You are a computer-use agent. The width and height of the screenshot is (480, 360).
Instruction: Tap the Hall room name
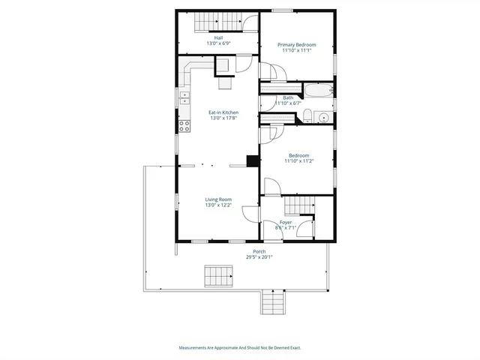coord(218,37)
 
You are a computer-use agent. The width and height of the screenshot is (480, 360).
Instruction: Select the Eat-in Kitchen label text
coord(223,112)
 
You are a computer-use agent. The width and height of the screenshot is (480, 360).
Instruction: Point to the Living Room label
coord(218,199)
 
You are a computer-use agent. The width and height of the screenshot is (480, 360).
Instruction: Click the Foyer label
coord(286,222)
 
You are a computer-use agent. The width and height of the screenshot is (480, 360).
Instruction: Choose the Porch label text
coord(259,251)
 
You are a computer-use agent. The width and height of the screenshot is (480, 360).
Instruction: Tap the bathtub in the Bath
coord(318,91)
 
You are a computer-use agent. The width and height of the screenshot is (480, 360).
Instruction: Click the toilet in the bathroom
coord(307,115)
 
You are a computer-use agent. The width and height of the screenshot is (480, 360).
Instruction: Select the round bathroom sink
coord(323,116)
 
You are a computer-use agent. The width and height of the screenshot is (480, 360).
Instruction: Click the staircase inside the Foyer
coord(298,204)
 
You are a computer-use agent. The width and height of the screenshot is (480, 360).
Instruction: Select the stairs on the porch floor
coord(217,275)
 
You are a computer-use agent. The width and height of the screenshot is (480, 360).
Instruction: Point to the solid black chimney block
coord(253,160)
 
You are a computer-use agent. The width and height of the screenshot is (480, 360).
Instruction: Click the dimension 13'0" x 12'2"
coord(218,205)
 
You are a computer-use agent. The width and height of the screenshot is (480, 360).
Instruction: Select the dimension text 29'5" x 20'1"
coord(259,257)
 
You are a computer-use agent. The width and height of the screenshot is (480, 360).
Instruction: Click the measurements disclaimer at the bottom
coord(240,348)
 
